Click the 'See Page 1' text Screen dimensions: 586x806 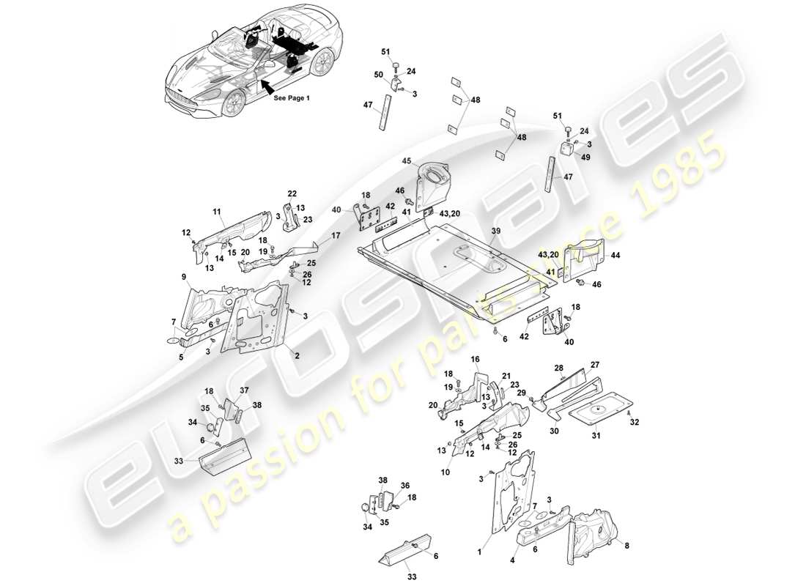click(291, 97)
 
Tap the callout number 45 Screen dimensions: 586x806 click(406, 162)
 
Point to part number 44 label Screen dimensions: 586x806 click(614, 255)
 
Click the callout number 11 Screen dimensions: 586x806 click(217, 212)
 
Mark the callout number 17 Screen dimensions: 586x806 click(336, 236)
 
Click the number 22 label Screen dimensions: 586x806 click(292, 193)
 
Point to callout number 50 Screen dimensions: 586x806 click(379, 75)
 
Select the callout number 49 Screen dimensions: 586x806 click(585, 156)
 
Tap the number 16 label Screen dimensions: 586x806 click(475, 360)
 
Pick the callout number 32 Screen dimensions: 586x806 click(635, 422)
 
